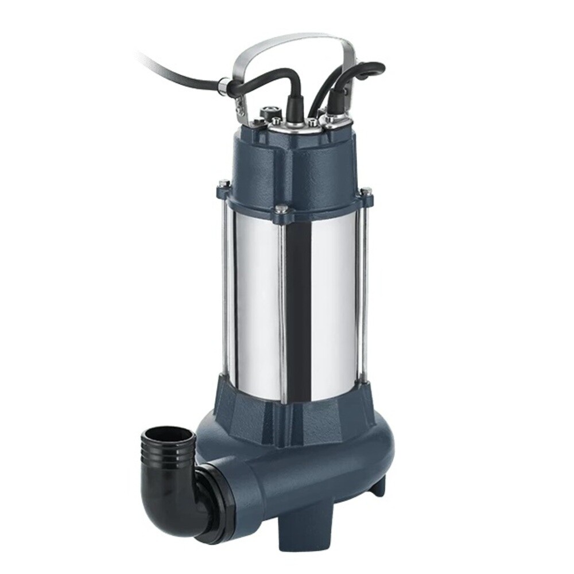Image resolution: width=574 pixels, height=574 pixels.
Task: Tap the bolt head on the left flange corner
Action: [x=224, y=184]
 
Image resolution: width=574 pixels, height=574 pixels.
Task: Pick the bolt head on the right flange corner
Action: [x=366, y=191]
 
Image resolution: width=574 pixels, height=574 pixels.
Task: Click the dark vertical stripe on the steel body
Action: [x=298, y=310]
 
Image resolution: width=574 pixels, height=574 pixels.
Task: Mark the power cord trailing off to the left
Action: [x=172, y=69]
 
